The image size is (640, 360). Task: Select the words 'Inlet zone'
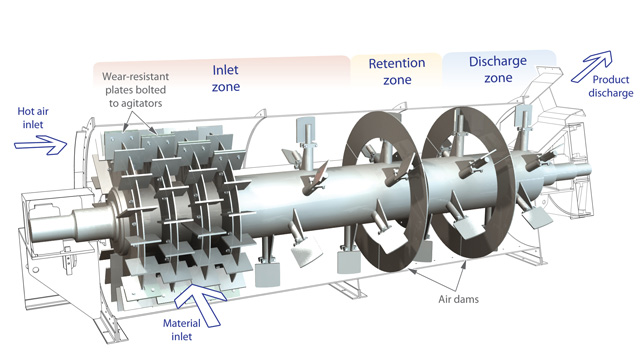tap(226, 78)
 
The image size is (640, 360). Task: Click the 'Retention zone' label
tap(397, 71)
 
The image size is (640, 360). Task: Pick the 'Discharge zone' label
tap(498, 69)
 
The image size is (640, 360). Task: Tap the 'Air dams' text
tap(458, 299)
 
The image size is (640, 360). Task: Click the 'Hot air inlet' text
tap(33, 118)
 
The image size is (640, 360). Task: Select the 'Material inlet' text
tap(182, 330)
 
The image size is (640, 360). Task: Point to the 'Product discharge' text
tap(611, 86)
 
